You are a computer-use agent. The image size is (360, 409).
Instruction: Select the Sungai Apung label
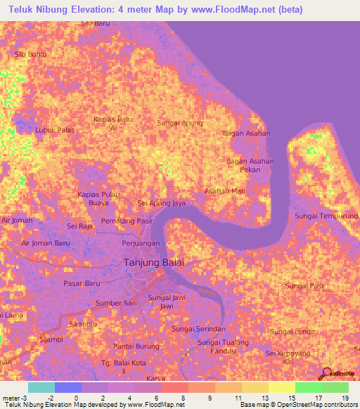tap(179, 123)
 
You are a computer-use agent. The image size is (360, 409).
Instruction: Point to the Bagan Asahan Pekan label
tap(250, 165)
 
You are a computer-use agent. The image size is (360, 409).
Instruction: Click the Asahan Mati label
tap(224, 190)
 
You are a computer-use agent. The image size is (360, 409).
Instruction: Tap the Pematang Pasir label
tap(127, 221)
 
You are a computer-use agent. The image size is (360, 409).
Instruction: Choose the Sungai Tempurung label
tap(326, 216)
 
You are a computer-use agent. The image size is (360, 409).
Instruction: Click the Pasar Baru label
tap(83, 283)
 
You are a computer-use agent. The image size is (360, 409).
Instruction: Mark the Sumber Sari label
tap(116, 303)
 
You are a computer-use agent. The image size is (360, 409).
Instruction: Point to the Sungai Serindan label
tap(198, 328)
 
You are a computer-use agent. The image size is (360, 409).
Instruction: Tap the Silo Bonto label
tap(31, 53)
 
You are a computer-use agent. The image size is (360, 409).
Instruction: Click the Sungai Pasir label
tap(305, 286)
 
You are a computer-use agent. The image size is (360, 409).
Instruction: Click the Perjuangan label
tap(141, 242)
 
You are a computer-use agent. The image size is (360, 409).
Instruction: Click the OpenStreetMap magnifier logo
tap(326, 373)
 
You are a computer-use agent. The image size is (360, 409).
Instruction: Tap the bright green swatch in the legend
tap(308, 387)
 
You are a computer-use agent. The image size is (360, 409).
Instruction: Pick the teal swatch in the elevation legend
tap(41, 387)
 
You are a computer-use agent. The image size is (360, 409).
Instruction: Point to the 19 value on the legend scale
tap(345, 398)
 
